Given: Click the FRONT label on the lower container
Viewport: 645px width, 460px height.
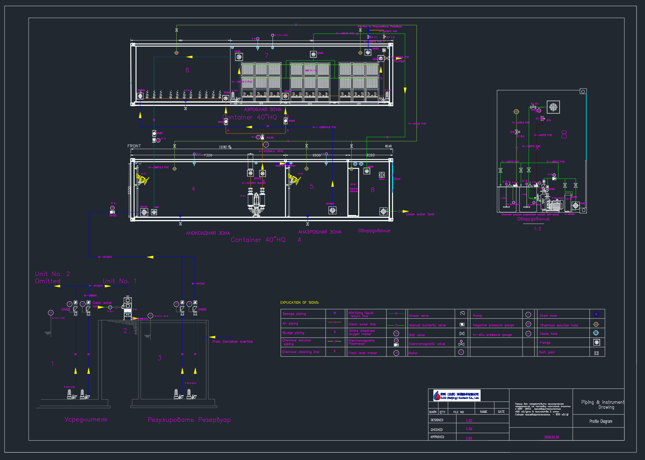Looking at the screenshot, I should click(x=134, y=146).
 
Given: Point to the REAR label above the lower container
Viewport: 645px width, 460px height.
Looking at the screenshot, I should click(x=388, y=146).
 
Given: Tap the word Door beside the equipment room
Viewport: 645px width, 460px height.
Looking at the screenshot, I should click(x=397, y=179).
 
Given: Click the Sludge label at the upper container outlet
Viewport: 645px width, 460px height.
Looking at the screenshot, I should click(x=399, y=61).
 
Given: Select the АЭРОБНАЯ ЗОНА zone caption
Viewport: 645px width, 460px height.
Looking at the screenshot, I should click(x=263, y=110).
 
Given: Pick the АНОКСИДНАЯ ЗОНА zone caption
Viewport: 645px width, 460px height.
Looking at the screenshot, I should click(x=208, y=233).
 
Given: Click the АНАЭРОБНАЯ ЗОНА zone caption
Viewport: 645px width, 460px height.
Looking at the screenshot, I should click(x=320, y=232).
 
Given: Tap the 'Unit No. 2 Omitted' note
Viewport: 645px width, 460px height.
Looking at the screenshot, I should click(x=52, y=278).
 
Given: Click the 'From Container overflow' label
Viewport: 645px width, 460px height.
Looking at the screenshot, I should click(x=232, y=342).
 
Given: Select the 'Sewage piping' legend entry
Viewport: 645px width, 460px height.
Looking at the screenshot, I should click(x=294, y=314).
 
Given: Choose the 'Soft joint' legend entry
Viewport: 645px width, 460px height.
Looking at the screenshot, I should click(x=547, y=352).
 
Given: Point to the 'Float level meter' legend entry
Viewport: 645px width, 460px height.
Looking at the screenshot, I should click(x=363, y=353).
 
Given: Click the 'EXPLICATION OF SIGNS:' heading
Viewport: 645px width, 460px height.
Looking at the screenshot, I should click(x=299, y=303).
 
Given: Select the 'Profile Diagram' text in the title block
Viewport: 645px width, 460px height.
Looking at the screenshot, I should click(x=601, y=421).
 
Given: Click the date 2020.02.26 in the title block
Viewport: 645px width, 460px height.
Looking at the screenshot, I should click(x=552, y=437).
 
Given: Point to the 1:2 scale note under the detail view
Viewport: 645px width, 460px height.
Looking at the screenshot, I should click(x=538, y=229).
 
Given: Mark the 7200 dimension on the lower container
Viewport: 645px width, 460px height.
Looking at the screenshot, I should click(x=208, y=155).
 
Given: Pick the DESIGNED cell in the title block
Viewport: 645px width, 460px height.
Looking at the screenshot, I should click(x=437, y=420).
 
